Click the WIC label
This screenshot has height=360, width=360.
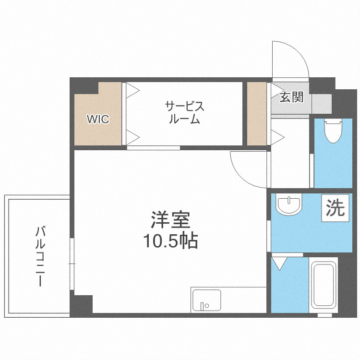click(97, 119)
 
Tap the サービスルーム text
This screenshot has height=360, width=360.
click(185, 113)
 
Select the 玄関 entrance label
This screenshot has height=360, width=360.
click(291, 97)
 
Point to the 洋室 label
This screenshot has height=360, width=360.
click(171, 220)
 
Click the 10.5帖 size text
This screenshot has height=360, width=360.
click(172, 241)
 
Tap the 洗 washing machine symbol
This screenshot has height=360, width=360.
click(336, 208)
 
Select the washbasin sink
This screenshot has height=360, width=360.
click(289, 205)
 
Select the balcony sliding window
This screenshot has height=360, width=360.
click(72, 264)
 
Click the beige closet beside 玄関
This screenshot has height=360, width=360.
click(256, 113)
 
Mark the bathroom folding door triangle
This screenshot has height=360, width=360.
click(279, 263)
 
